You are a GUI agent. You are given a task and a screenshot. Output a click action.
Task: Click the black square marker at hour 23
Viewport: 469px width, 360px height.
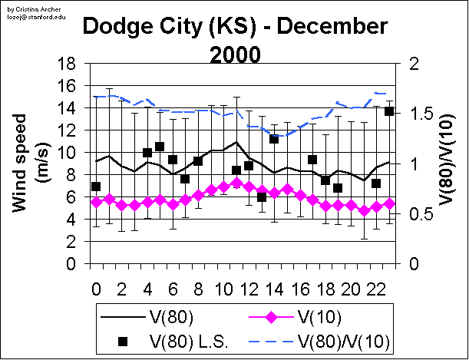tap(389, 111)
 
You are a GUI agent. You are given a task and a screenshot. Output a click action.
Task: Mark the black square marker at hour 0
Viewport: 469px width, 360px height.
tap(96, 187)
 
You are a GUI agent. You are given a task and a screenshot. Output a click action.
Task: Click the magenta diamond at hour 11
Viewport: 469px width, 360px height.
tap(236, 183)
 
